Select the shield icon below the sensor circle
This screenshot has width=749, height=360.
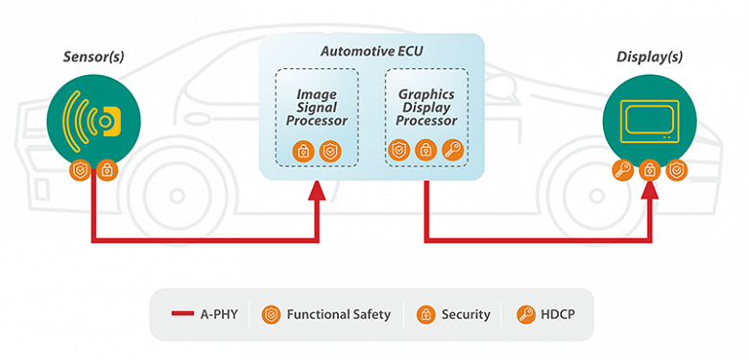point(83,170)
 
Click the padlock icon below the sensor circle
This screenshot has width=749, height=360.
point(108,170)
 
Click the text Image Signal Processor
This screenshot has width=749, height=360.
point(316,108)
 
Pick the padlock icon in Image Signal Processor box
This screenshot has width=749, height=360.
point(303,151)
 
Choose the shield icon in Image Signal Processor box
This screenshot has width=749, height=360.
point(329,151)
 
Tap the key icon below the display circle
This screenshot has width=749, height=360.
point(624,170)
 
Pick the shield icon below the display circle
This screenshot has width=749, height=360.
point(678,170)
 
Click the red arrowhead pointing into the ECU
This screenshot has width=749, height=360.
point(315,193)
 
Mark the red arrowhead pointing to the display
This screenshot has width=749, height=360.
point(651,193)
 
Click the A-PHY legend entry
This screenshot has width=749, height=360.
point(203,314)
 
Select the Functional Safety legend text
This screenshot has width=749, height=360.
point(339,314)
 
